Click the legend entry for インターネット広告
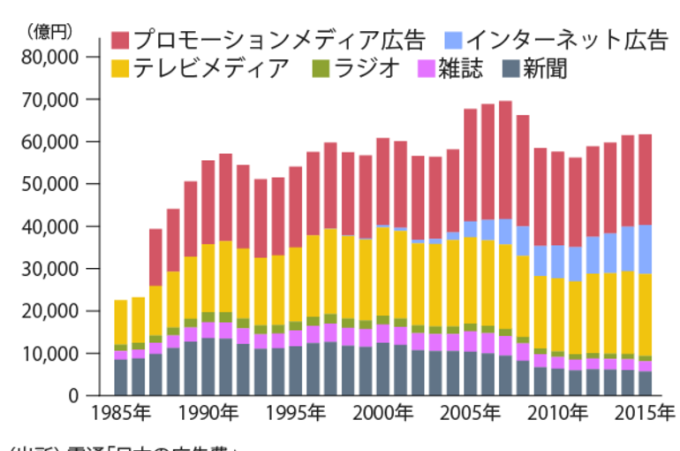(x=565, y=40)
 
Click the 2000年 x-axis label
(x=383, y=414)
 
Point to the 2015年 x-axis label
(x=644, y=414)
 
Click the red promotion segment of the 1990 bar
(x=208, y=203)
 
